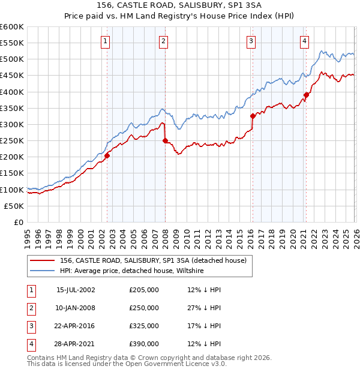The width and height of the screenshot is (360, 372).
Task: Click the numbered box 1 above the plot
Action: [106, 41]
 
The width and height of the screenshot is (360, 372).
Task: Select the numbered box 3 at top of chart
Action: [250, 41]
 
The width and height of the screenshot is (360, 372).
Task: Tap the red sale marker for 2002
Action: [107, 155]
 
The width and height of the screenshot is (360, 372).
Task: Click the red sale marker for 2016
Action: [253, 116]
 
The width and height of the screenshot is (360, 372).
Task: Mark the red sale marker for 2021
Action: [306, 95]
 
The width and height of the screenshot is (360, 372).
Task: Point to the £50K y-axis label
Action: [14, 206]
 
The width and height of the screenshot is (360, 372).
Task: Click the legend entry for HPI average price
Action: [132, 271]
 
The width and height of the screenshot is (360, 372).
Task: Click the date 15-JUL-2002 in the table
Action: [76, 289]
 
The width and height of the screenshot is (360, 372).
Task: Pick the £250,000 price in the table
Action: [144, 308]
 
